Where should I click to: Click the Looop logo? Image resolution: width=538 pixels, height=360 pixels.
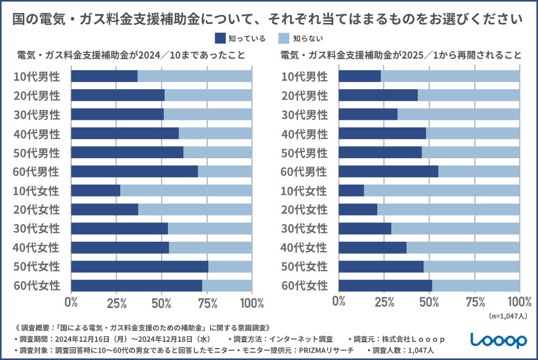(498, 340)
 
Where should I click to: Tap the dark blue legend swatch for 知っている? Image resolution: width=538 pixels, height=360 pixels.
(219, 38)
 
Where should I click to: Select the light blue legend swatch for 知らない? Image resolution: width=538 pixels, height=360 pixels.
(284, 38)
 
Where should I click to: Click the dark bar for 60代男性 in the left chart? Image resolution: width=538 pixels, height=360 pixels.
(134, 171)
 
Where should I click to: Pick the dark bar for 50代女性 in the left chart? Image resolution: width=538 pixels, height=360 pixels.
(139, 267)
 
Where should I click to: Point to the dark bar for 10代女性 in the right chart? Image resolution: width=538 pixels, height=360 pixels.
(351, 190)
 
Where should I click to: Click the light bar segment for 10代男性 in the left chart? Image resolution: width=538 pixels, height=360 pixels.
(195, 76)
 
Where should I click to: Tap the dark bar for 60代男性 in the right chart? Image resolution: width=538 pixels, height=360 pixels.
(388, 171)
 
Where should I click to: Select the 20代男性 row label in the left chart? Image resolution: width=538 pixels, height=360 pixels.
(38, 95)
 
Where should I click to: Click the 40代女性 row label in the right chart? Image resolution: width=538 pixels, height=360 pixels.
(305, 247)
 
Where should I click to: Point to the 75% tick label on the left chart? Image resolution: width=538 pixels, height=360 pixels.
(207, 302)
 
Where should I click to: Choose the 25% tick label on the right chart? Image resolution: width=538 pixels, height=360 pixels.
(384, 302)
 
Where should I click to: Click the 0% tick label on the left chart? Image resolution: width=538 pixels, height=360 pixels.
(71, 302)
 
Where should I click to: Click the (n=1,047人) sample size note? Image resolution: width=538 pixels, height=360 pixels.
(508, 315)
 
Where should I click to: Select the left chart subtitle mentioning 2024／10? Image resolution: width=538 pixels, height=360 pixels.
(131, 54)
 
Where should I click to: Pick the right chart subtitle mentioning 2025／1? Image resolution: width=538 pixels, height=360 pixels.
(401, 54)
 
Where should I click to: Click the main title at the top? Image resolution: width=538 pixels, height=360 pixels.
(268, 20)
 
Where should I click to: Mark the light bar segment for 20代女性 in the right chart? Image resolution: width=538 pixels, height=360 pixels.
(448, 210)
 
